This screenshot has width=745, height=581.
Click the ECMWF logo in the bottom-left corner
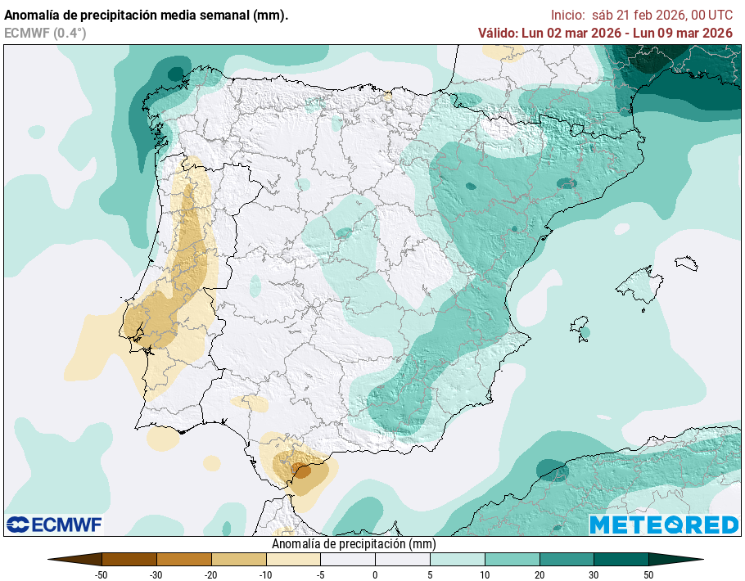point(54,524)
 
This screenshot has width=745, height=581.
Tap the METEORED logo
point(664,525)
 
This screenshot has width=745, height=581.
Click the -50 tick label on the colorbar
point(102,574)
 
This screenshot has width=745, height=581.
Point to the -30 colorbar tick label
point(156,574)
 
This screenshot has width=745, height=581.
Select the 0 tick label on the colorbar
point(375,574)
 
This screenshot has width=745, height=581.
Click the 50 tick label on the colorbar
point(648,574)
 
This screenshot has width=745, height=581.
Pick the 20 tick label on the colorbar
point(540,574)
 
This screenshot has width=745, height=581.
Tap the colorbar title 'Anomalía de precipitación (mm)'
point(353,543)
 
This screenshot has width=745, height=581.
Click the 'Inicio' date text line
point(641,15)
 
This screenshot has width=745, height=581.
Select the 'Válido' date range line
point(605,33)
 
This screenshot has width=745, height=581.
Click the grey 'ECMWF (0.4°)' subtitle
point(45,33)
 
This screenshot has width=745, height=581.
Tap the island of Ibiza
point(580,327)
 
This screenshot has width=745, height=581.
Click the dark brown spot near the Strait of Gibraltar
point(302,471)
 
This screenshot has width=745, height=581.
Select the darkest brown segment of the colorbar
point(129,560)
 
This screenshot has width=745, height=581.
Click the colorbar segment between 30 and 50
point(621,560)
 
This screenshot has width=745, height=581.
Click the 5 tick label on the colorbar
point(430,574)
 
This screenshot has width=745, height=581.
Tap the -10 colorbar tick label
point(265,574)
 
